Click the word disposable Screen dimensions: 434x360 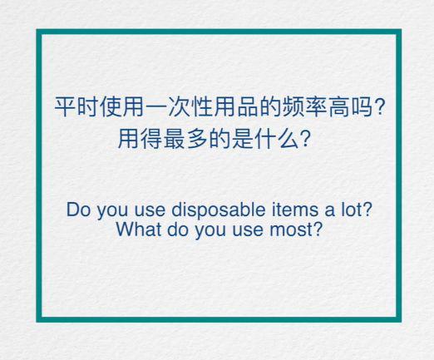[x=219, y=210]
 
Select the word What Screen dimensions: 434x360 [x=139, y=229]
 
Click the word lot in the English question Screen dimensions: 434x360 [x=352, y=210]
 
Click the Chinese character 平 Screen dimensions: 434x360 [x=66, y=106]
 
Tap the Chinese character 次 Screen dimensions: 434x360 [x=180, y=106]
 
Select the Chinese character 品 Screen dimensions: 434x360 [x=248, y=106]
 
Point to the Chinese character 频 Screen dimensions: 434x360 [x=293, y=106]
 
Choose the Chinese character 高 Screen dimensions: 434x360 [x=339, y=106]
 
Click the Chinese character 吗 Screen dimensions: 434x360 [x=362, y=106]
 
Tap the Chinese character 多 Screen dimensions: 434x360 [x=197, y=138]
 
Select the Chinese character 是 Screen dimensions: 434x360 [x=243, y=138]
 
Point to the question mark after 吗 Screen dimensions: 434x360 [x=378, y=106]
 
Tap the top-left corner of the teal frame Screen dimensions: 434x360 [x=37, y=29]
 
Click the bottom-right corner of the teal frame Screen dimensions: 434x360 [x=402, y=323]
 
